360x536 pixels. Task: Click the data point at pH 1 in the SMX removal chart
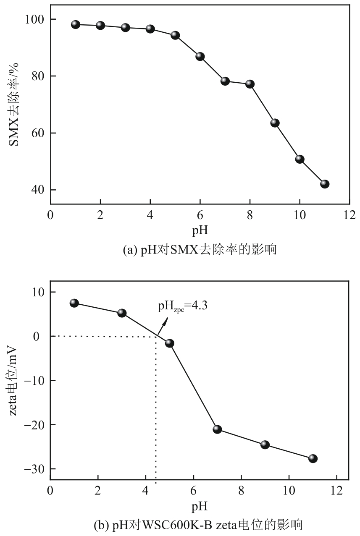pyautogui.click(x=76, y=24)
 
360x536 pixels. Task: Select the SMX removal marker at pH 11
pyautogui.click(x=324, y=184)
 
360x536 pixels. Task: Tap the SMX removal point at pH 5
pyautogui.click(x=175, y=35)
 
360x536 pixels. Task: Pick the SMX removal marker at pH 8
pyautogui.click(x=250, y=84)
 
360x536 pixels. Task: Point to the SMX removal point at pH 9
pyautogui.click(x=275, y=123)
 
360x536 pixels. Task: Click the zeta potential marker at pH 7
pyautogui.click(x=217, y=429)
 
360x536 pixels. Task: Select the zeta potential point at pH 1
pyautogui.click(x=74, y=303)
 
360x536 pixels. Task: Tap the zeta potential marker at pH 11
pyautogui.click(x=313, y=458)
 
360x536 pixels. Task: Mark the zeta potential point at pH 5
pyautogui.click(x=170, y=343)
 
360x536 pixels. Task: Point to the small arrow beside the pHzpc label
pyautogui.click(x=163, y=326)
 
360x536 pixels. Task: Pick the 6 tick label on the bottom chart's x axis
pyautogui.click(x=193, y=490)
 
